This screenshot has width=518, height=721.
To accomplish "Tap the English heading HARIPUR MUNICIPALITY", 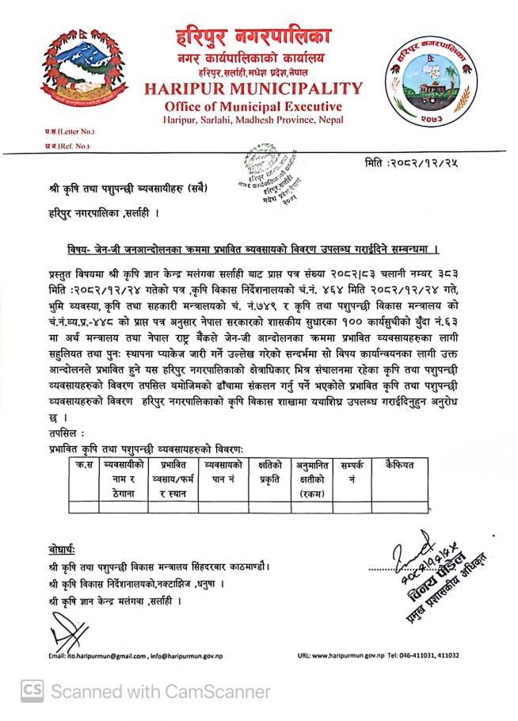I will point(253,89).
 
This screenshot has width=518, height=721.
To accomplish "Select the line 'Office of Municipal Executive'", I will point(253,107).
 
